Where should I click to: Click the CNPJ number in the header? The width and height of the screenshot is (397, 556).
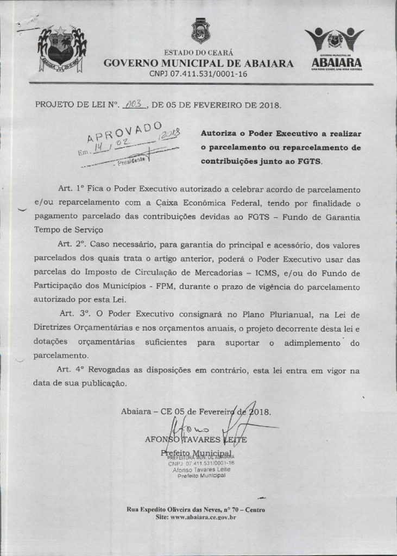198,73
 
